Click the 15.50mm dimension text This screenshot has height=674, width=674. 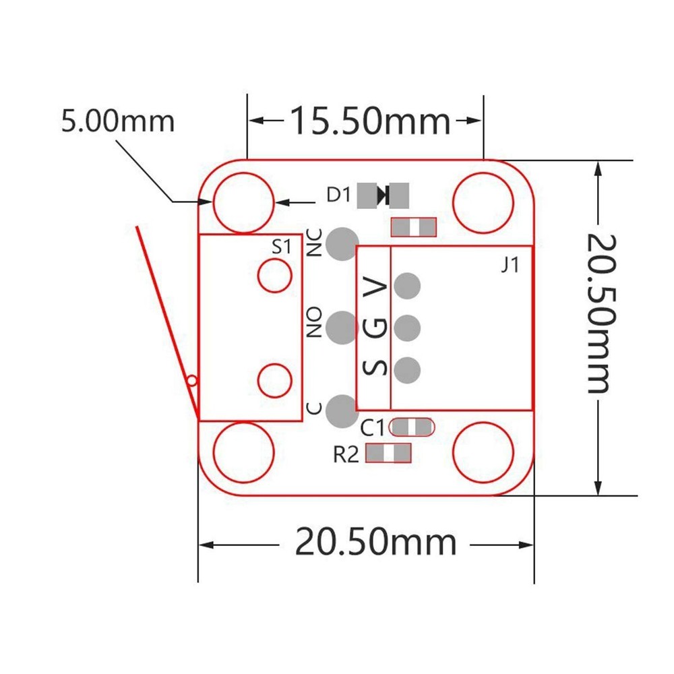(369, 121)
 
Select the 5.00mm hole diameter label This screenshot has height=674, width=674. (118, 122)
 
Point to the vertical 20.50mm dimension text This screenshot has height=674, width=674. (598, 313)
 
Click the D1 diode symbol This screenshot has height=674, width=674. (384, 195)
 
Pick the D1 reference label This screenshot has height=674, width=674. (339, 195)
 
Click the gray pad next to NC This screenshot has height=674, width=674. (342, 243)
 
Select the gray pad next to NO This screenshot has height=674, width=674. (342, 328)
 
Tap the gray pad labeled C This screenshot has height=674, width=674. (342, 410)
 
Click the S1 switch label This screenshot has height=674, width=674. (281, 247)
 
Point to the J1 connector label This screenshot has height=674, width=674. (510, 266)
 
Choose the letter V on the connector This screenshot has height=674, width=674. (375, 288)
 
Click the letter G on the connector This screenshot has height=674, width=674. (375, 329)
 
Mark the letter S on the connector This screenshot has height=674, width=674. (375, 368)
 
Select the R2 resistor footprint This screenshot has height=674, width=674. (388, 453)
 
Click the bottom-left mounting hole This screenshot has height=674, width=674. (243, 452)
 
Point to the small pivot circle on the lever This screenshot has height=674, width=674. (192, 381)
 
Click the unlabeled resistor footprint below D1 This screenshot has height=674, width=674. (414, 228)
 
